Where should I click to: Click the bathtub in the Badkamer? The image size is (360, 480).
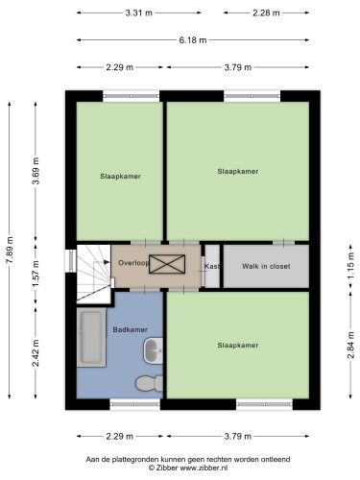point(91,337)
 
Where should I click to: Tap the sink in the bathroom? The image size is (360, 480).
point(153,350)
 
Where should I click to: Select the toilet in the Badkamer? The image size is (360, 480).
point(149,383)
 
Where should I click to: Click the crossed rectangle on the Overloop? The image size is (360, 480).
point(167,264)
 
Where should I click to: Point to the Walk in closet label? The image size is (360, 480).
point(266,266)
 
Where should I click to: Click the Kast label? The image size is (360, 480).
point(212,266)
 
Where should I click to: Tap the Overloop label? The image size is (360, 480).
point(133,263)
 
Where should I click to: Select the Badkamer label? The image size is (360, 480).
point(131,329)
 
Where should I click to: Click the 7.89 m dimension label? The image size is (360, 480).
point(10,250)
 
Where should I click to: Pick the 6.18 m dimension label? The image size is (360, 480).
point(193,40)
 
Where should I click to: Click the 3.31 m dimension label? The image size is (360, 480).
point(138,12)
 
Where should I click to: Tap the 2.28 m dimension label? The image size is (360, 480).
point(266,12)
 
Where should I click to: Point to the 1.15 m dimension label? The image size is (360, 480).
point(351,266)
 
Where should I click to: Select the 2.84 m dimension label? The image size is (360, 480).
point(351,345)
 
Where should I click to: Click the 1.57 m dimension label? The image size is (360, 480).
point(36,274)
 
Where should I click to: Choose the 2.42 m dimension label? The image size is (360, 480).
point(36,353)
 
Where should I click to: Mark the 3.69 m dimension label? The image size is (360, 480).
point(36,171)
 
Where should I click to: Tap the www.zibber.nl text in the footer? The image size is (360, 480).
point(204,468)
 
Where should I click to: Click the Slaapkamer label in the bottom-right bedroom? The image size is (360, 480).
point(238,346)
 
